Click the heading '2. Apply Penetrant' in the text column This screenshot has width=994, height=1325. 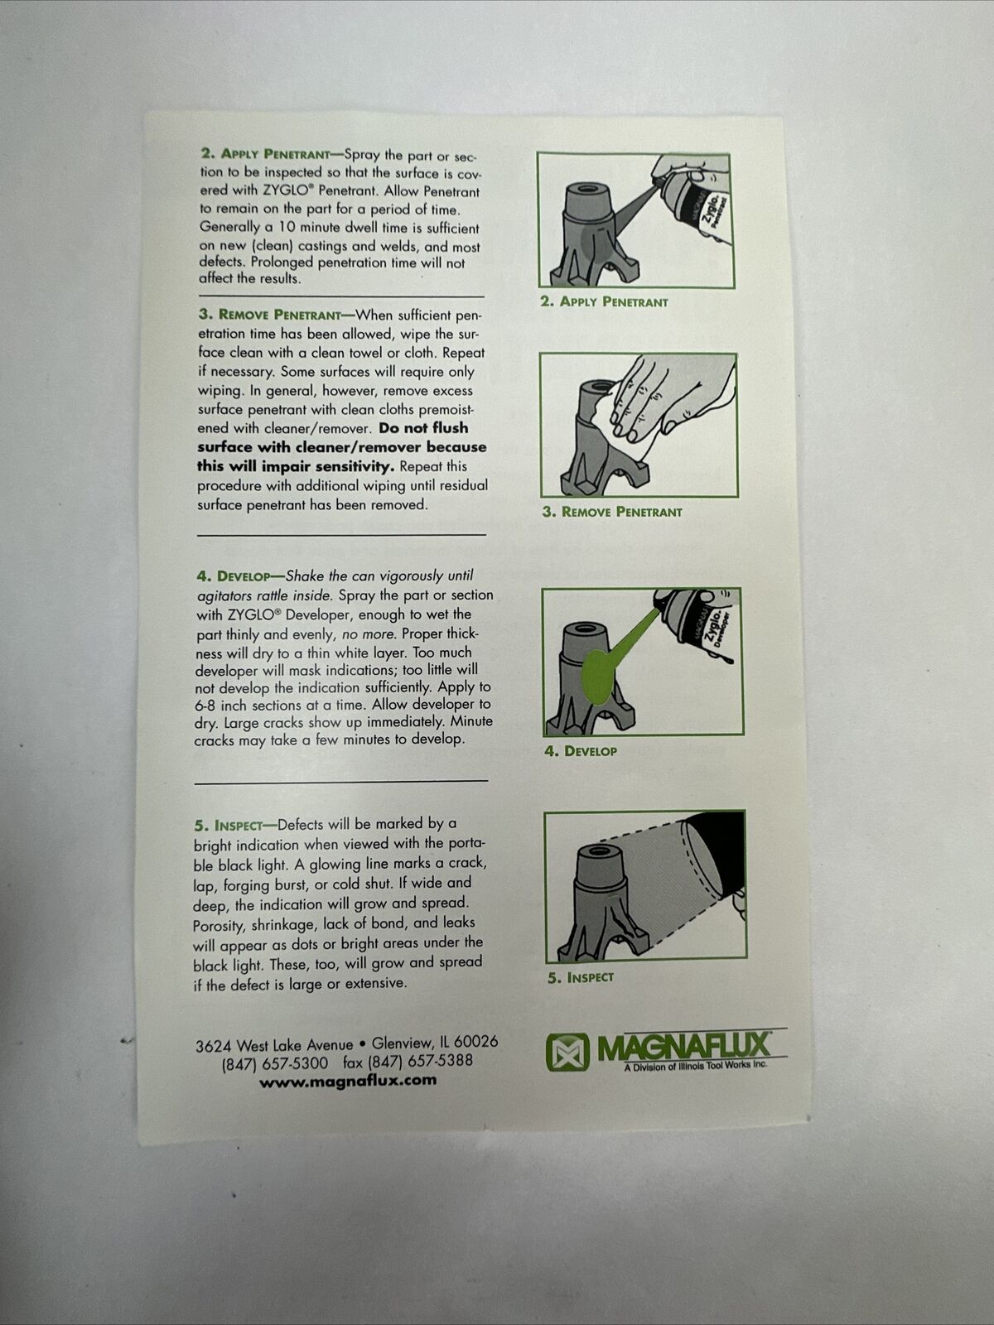pos(266,154)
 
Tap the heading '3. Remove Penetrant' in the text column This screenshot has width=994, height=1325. pos(269,315)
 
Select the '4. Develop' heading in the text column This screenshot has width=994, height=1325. pos(233,576)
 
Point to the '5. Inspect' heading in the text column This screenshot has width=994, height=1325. pos(228,825)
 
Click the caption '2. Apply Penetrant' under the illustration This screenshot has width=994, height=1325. pos(604,301)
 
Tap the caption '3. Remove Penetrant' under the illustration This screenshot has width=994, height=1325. pos(612,512)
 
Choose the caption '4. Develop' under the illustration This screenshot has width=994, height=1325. pos(581,751)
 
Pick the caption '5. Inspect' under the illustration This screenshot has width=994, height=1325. pos(581,977)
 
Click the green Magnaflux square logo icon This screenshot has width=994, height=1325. pos(567,1053)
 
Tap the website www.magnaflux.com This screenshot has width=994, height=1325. pos(348,1082)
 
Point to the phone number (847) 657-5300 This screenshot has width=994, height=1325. pos(275,1063)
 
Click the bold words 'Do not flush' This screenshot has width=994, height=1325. pos(423,428)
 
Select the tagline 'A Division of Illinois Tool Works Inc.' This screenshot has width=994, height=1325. pos(696,1066)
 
